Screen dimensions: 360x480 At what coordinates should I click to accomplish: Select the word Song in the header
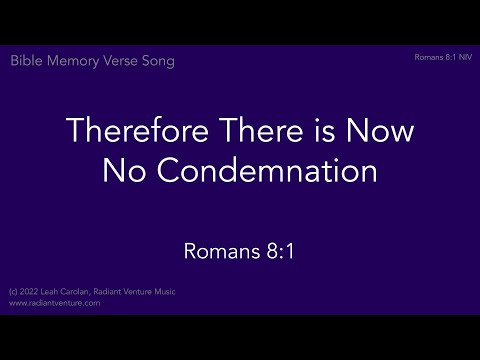coord(158,61)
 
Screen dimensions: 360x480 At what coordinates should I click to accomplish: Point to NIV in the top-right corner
coord(463,58)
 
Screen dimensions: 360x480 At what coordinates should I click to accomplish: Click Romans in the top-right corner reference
coord(427,58)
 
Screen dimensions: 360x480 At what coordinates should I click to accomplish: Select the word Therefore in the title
coord(127,131)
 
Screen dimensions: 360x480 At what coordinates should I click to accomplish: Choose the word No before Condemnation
coord(122,171)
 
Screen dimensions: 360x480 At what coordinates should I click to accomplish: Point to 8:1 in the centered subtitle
coord(275,249)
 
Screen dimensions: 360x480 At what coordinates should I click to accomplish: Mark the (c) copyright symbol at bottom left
coord(12,293)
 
